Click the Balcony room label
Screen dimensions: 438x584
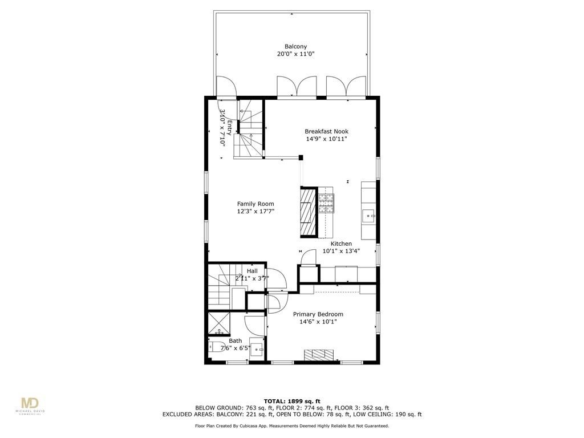(x=295, y=47)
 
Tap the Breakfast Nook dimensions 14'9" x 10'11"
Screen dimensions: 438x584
(x=326, y=139)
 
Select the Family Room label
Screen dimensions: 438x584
(x=255, y=204)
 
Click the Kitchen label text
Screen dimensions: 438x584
(x=341, y=244)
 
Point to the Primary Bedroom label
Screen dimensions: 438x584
(x=318, y=314)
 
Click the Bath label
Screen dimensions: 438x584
(x=235, y=340)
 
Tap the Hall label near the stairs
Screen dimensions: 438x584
(x=252, y=271)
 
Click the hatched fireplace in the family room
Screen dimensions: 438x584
(x=308, y=212)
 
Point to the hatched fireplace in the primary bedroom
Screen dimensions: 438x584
(x=320, y=355)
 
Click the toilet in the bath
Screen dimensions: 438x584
(x=217, y=347)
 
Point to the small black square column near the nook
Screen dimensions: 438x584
(x=301, y=157)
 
